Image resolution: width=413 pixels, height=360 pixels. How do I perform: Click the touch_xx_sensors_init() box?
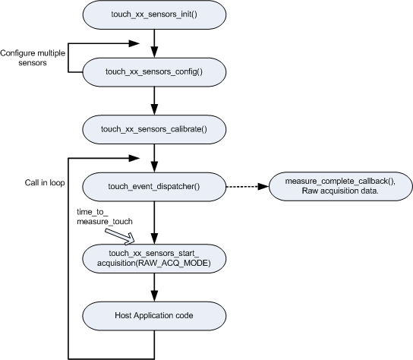coord(154,14)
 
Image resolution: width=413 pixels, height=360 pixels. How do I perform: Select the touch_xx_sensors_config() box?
coord(154,72)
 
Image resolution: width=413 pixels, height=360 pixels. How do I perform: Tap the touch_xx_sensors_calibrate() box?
coord(154,129)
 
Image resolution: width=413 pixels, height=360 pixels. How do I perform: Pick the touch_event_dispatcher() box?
coord(154,187)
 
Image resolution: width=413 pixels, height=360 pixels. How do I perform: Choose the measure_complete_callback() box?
coord(340,186)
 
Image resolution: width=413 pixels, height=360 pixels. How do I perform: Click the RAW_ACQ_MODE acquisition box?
coord(154,258)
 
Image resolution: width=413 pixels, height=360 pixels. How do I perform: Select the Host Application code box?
coord(154,316)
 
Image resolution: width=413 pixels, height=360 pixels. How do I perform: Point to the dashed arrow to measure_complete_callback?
coord(247,187)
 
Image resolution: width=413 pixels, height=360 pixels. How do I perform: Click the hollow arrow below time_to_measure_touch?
coord(120,236)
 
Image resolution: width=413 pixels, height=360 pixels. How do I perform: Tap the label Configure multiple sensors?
coord(33,58)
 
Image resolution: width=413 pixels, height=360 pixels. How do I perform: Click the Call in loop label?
coord(45,182)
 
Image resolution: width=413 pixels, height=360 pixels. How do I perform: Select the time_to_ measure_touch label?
coord(105,216)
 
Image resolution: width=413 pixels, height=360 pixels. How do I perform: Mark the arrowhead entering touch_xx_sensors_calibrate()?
coord(154,109)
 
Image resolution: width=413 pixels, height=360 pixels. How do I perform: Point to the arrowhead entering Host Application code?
coord(154,296)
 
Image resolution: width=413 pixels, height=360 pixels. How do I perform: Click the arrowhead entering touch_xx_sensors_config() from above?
coord(154,52)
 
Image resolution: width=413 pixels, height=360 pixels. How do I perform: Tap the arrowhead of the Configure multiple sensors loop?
coord(134,43)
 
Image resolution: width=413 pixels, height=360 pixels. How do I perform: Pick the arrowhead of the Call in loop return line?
coord(134,158)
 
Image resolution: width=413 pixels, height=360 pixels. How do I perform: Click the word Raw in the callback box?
coord(308,191)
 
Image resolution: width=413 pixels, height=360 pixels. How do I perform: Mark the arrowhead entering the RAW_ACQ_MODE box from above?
coord(154,238)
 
